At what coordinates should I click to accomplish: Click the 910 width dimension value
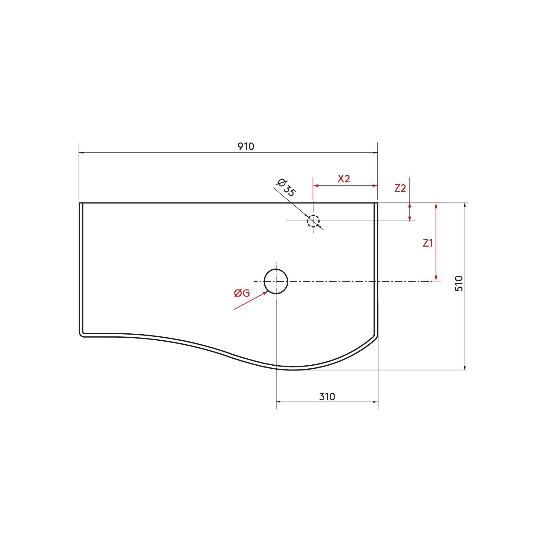[246, 147]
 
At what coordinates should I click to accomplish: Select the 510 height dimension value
[459, 283]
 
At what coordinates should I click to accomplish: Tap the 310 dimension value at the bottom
[327, 397]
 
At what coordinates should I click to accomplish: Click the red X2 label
[344, 179]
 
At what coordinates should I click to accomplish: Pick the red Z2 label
[400, 188]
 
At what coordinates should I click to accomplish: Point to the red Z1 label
[427, 243]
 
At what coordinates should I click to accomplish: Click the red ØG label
[242, 293]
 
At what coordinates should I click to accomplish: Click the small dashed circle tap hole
[313, 221]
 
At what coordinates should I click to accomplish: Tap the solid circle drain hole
[276, 282]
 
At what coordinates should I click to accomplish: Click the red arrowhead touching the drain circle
[265, 293]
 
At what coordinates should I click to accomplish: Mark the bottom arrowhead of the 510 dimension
[465, 367]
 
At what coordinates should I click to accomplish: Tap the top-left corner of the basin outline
[80, 203]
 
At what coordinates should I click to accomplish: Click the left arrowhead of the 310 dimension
[279, 402]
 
